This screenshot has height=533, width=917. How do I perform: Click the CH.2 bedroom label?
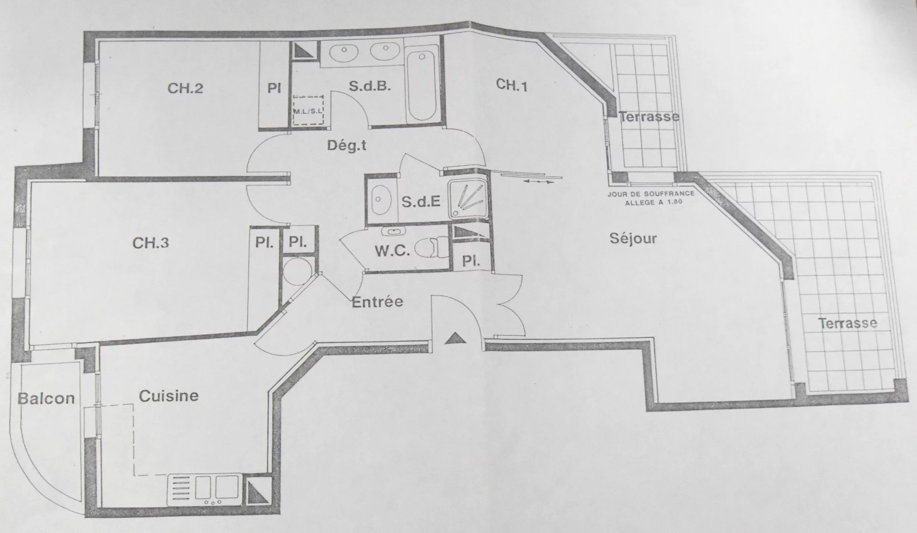[185, 88]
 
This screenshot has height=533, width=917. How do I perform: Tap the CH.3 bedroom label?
[150, 243]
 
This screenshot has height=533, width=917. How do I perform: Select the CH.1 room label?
[512, 85]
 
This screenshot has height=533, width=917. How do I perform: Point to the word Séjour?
[633, 238]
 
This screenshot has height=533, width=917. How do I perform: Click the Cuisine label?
[169, 396]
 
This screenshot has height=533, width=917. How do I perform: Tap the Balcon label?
[46, 398]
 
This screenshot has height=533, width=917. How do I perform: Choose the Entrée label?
[377, 302]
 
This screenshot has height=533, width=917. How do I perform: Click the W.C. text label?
[392, 251]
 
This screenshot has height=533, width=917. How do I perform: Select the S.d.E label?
[420, 202]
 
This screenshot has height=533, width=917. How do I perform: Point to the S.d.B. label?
[370, 86]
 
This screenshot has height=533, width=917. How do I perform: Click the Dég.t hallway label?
[347, 145]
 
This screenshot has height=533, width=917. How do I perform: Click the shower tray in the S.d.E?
[468, 198]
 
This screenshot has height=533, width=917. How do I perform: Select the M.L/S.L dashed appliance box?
[309, 109]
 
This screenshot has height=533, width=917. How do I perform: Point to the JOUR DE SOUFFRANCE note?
[650, 198]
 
